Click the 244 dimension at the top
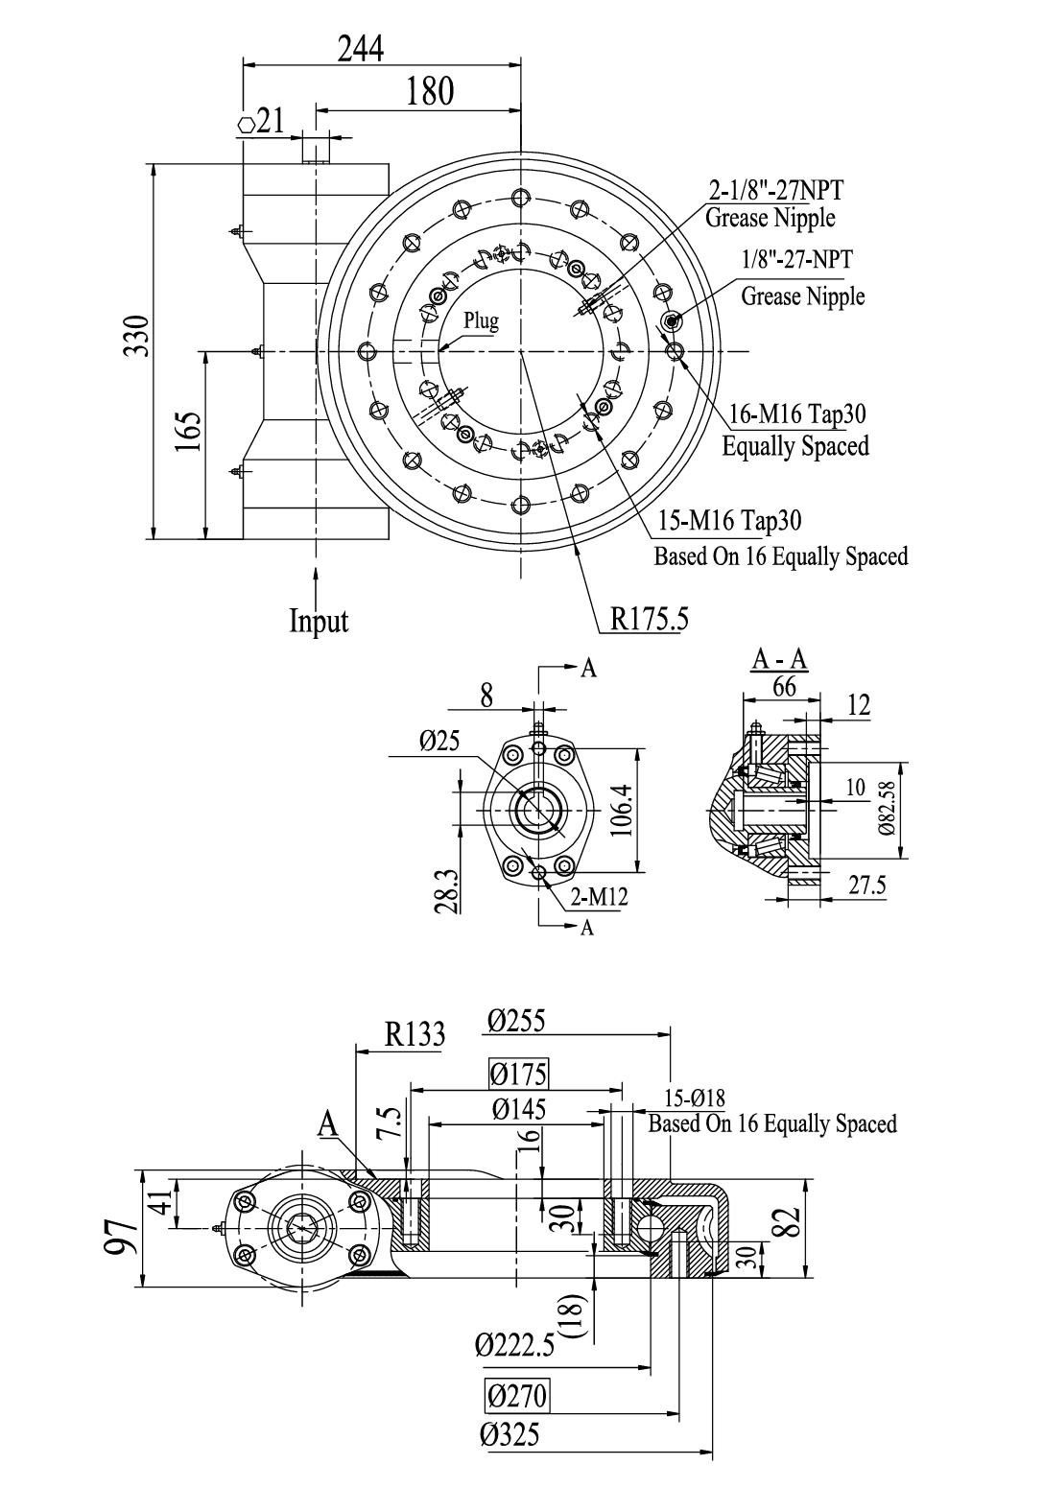pyautogui.click(x=361, y=48)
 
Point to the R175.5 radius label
pyautogui.click(x=650, y=620)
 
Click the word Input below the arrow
pyautogui.click(x=319, y=621)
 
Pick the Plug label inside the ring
pyautogui.click(x=482, y=320)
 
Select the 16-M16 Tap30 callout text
pyautogui.click(x=797, y=413)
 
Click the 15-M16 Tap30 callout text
pyautogui.click(x=730, y=520)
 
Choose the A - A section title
pyautogui.click(x=777, y=660)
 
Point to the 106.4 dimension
pyautogui.click(x=620, y=808)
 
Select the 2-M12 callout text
pyautogui.click(x=599, y=897)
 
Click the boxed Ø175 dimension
pyautogui.click(x=518, y=1073)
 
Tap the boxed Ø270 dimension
pyautogui.click(x=517, y=1395)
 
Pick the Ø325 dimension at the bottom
pyautogui.click(x=510, y=1435)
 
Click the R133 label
pyautogui.click(x=415, y=1034)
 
